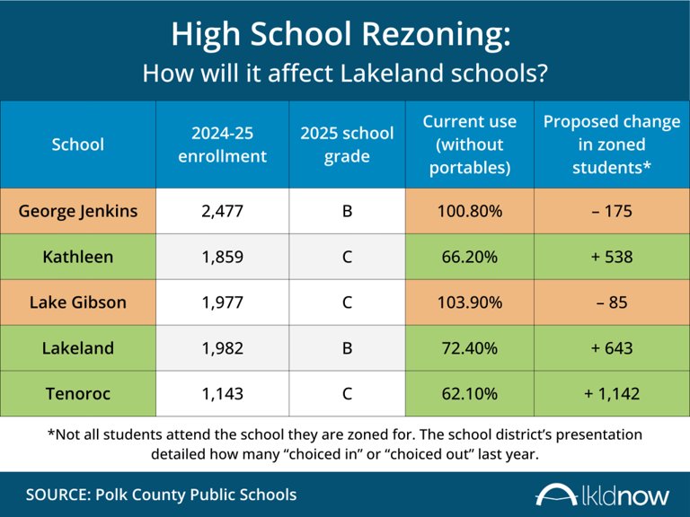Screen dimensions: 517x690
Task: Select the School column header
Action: click(x=78, y=145)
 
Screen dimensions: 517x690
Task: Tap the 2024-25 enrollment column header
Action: click(x=222, y=145)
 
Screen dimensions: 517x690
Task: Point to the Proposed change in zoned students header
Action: click(x=612, y=145)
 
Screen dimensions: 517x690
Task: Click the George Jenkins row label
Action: click(x=78, y=212)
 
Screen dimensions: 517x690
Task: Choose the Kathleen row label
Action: click(x=78, y=257)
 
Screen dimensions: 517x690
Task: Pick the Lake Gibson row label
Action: click(x=78, y=302)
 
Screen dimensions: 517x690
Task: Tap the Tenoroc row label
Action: click(x=78, y=392)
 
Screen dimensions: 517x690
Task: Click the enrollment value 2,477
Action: click(x=222, y=212)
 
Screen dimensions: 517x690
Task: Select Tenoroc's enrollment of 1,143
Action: click(x=222, y=392)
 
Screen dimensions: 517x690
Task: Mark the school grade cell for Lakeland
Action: click(x=347, y=347)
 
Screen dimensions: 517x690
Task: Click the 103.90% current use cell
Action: click(x=469, y=302)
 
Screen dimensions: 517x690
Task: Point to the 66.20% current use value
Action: click(x=469, y=257)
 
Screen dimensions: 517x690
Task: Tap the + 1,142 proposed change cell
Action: click(x=612, y=392)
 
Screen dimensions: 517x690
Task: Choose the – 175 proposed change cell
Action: click(x=612, y=212)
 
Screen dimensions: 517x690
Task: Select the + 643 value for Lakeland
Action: click(x=612, y=347)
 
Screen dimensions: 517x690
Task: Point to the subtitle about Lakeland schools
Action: click(x=344, y=73)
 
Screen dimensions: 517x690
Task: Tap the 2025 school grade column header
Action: click(x=347, y=145)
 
